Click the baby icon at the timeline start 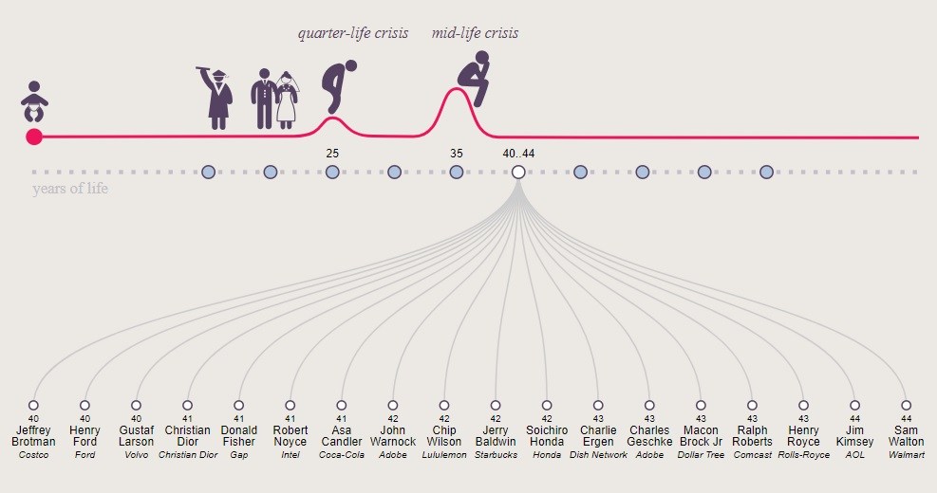coord(34,100)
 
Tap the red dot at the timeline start coord(34,137)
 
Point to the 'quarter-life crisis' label coord(353,34)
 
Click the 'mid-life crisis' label coord(475,34)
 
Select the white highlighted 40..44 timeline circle coord(518,172)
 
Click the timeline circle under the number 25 coord(332,172)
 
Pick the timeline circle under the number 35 coord(457,172)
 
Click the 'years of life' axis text coord(70,189)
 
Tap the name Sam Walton coord(906,436)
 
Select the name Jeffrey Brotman coord(33,436)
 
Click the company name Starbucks coord(496,455)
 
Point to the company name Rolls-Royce coord(803,455)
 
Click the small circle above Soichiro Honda coord(547,405)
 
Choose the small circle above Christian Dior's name coord(188,405)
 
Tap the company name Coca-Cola coord(342,455)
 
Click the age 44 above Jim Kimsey coord(854,418)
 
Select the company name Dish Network coord(598,455)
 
